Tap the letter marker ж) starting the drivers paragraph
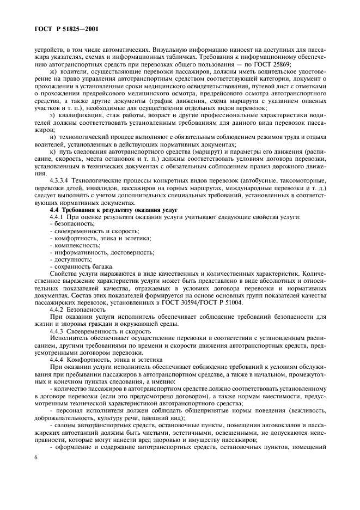(52, 71)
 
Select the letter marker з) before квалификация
(52, 115)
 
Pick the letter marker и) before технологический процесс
(52, 137)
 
